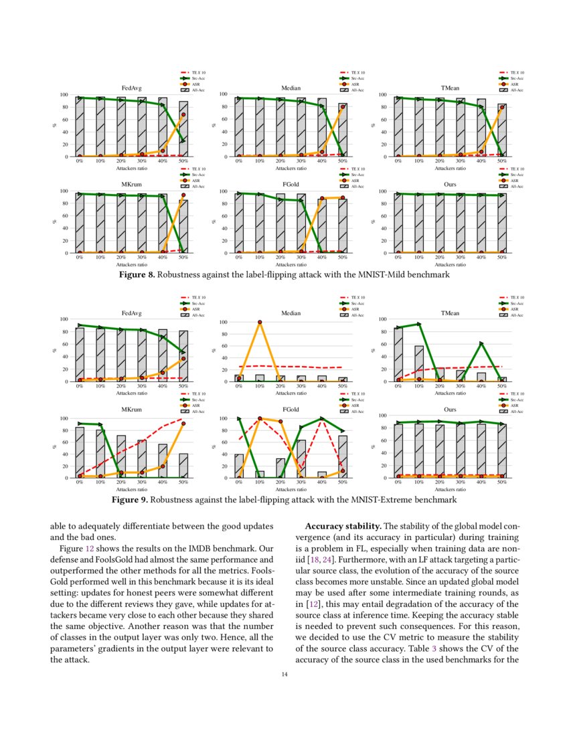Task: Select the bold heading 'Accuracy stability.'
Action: coord(343,526)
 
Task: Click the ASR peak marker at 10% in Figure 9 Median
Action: coord(260,322)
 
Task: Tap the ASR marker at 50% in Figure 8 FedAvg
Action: coord(183,114)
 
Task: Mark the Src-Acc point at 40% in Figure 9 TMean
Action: coord(481,343)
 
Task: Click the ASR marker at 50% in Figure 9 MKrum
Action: coord(183,424)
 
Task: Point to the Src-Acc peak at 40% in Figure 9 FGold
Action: coord(322,418)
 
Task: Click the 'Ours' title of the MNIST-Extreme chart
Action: coord(450,409)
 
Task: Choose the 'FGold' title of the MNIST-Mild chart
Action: coord(291,184)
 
